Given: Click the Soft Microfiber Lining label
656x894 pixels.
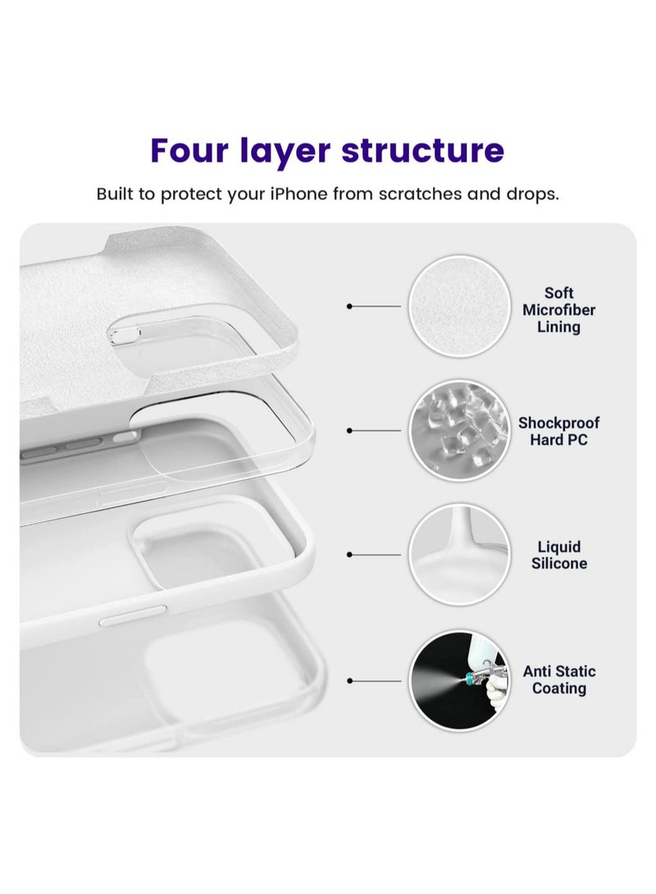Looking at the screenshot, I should [558, 310].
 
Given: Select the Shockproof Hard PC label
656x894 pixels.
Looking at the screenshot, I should [558, 431].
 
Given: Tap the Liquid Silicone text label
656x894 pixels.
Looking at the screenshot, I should [558, 555].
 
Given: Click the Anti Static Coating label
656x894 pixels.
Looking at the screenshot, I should [558, 679].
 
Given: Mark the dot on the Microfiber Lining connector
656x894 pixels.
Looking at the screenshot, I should [350, 306].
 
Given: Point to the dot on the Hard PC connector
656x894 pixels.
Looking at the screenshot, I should [350, 430].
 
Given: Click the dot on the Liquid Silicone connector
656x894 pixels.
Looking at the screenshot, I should [350, 555].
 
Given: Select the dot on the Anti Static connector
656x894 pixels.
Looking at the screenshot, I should [350, 680].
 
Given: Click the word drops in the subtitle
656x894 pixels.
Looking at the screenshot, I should [531, 195].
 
